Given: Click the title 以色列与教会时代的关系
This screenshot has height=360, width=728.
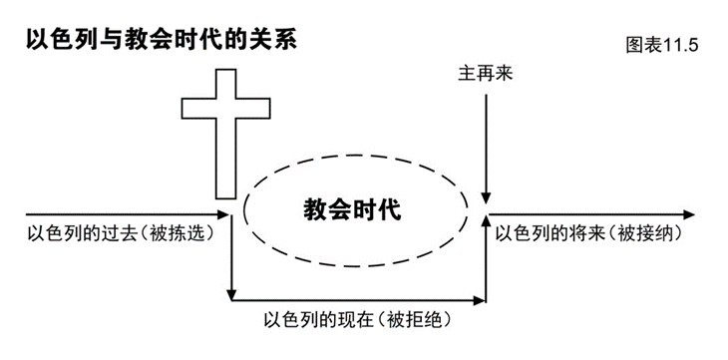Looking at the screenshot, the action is pos(161,40).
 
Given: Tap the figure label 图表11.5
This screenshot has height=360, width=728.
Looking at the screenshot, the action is pos(661,46).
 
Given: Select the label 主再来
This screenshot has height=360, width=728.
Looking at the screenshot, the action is pos(486,74).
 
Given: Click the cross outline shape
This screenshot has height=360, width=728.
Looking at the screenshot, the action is pos(225,134).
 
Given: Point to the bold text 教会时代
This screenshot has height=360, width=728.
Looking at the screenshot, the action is pos(352,210).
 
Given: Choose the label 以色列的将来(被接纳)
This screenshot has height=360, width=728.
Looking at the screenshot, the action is pos(588,233).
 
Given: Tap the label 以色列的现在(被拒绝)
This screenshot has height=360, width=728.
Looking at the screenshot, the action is pos(357,320).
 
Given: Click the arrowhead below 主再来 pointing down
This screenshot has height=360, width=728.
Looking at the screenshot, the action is pos(486,198).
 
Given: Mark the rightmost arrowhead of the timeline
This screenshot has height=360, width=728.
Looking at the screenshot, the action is pos(689,214).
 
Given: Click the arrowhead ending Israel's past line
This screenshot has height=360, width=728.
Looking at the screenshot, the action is pos(223,214).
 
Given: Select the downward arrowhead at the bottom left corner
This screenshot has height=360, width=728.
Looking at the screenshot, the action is pos(231,295).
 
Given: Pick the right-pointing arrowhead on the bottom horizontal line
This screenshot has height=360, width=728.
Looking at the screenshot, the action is pos(479,300).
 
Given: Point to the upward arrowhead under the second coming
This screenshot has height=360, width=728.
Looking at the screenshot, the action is pos(486,221).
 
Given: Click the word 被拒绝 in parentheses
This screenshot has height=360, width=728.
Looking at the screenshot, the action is pos(417,320).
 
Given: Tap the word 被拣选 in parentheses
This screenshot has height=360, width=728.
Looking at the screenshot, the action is pos(183,233).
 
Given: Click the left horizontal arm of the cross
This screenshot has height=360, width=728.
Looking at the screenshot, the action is pos(198,109).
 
